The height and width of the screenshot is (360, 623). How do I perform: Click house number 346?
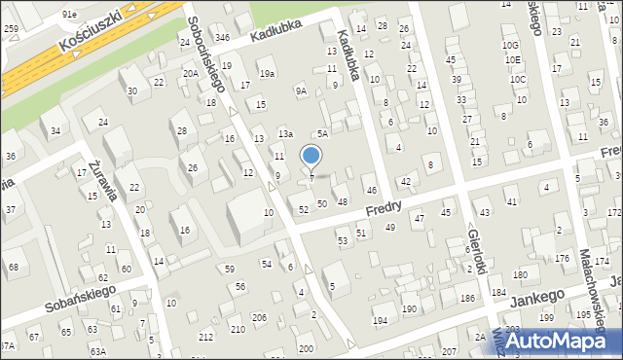click(222, 37)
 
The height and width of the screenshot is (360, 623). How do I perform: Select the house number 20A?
click(191, 73)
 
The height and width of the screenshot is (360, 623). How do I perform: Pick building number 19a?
click(267, 73)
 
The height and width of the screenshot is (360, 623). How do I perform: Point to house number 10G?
click(511, 46)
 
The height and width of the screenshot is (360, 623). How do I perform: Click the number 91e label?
click(68, 15)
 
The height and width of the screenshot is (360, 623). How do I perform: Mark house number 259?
click(11, 29)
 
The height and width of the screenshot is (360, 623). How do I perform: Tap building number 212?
click(206, 337)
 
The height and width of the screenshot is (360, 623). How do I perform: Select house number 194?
click(380, 320)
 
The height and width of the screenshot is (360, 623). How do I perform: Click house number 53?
click(343, 240)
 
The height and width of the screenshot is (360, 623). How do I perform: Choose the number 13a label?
click(285, 132)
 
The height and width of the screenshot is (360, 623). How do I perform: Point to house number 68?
click(14, 267)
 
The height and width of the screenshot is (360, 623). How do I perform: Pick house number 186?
click(467, 297)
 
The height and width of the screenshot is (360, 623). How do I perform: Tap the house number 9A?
click(302, 91)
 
